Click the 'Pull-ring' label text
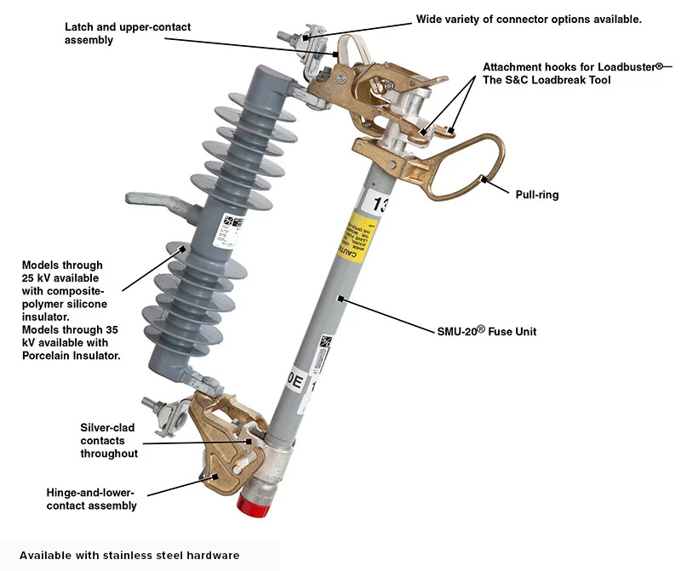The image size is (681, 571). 537,195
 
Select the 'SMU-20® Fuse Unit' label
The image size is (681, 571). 480,332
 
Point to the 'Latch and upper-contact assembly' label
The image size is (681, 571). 128,33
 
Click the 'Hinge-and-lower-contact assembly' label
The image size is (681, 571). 91,499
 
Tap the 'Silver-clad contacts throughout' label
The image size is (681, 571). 109,441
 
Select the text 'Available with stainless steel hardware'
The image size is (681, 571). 129,555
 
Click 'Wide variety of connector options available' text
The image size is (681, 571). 529,19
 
